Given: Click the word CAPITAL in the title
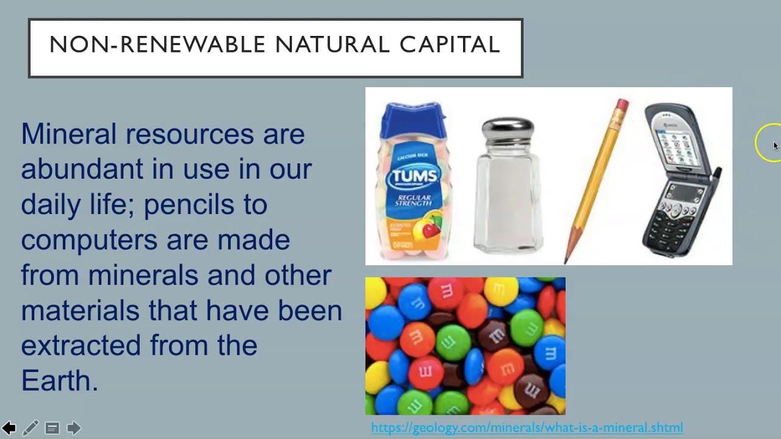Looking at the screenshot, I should (x=450, y=45).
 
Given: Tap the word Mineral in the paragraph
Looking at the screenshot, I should (x=68, y=134).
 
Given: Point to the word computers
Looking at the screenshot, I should (x=89, y=240).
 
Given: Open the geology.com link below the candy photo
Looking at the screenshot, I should (x=527, y=427).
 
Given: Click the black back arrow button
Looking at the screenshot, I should (x=9, y=428).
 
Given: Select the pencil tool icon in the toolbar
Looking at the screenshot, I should (x=31, y=428).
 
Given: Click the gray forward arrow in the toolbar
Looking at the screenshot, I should (x=74, y=428).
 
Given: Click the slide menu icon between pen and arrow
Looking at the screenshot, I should (x=52, y=428).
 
